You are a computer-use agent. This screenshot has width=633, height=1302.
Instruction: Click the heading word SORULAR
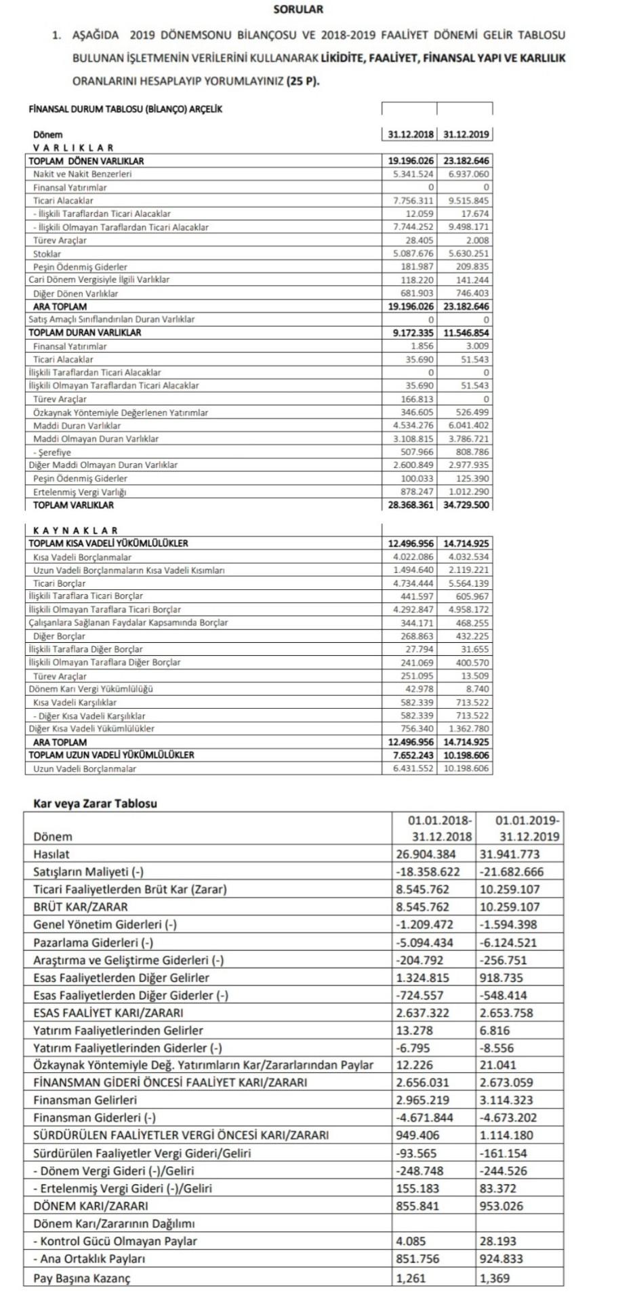coord(298,9)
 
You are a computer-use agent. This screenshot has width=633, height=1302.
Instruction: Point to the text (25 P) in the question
coord(302,81)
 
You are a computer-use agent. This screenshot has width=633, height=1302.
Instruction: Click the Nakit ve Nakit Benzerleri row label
coord(82,174)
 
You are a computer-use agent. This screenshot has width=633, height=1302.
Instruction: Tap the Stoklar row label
coord(47,254)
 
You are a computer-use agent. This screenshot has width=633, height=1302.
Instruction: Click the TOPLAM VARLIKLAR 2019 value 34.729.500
coord(466,505)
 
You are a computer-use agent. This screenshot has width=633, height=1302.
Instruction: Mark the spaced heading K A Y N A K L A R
coord(75,530)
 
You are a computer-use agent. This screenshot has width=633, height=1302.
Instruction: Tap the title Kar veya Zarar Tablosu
coord(95,804)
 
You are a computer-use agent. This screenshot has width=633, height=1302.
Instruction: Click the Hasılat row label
coord(51,854)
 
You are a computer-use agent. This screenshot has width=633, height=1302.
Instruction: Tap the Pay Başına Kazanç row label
coord(81,1278)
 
